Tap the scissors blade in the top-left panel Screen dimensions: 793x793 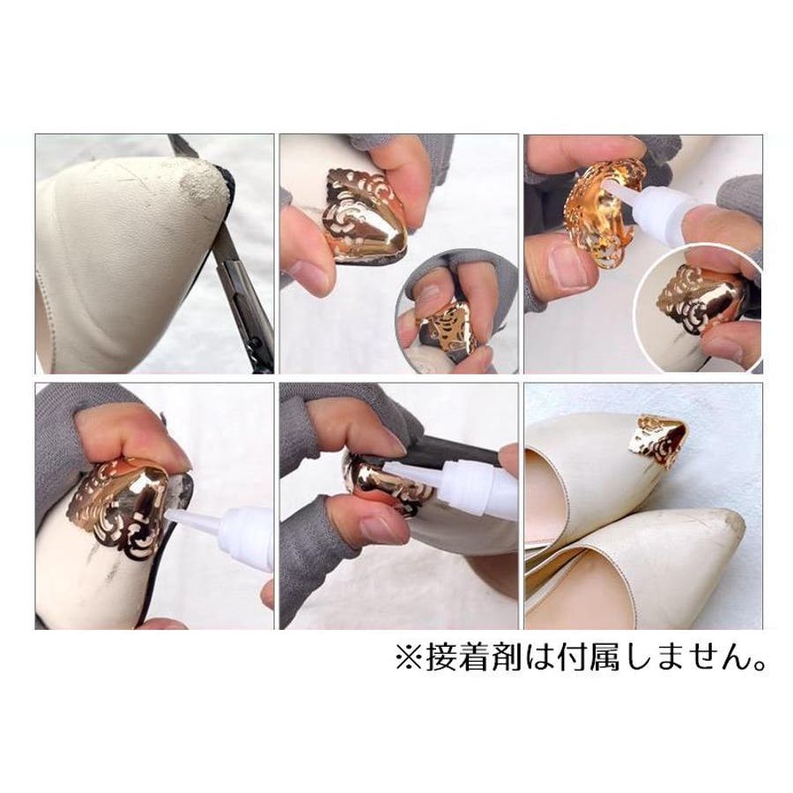(x=238, y=283)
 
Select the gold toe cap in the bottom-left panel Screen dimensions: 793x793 (x=126, y=506)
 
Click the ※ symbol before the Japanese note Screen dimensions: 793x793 (x=408, y=657)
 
